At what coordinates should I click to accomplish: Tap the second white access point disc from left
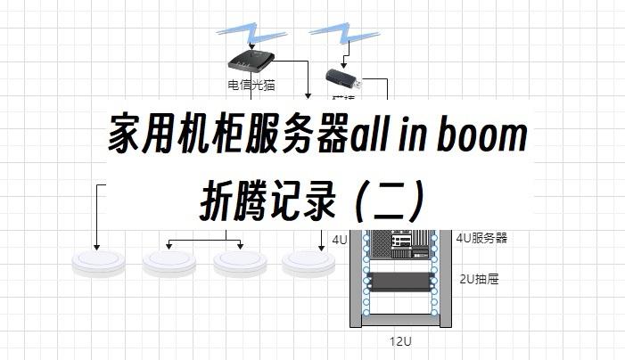pyautogui.click(x=167, y=262)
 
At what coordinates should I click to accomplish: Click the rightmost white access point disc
pyautogui.click(x=308, y=262)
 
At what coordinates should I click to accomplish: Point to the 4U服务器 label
pyautogui.click(x=481, y=238)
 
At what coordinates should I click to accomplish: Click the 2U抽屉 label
pyautogui.click(x=479, y=279)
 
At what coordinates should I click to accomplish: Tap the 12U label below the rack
pyautogui.click(x=399, y=341)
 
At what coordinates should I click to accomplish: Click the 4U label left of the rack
pyautogui.click(x=339, y=240)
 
